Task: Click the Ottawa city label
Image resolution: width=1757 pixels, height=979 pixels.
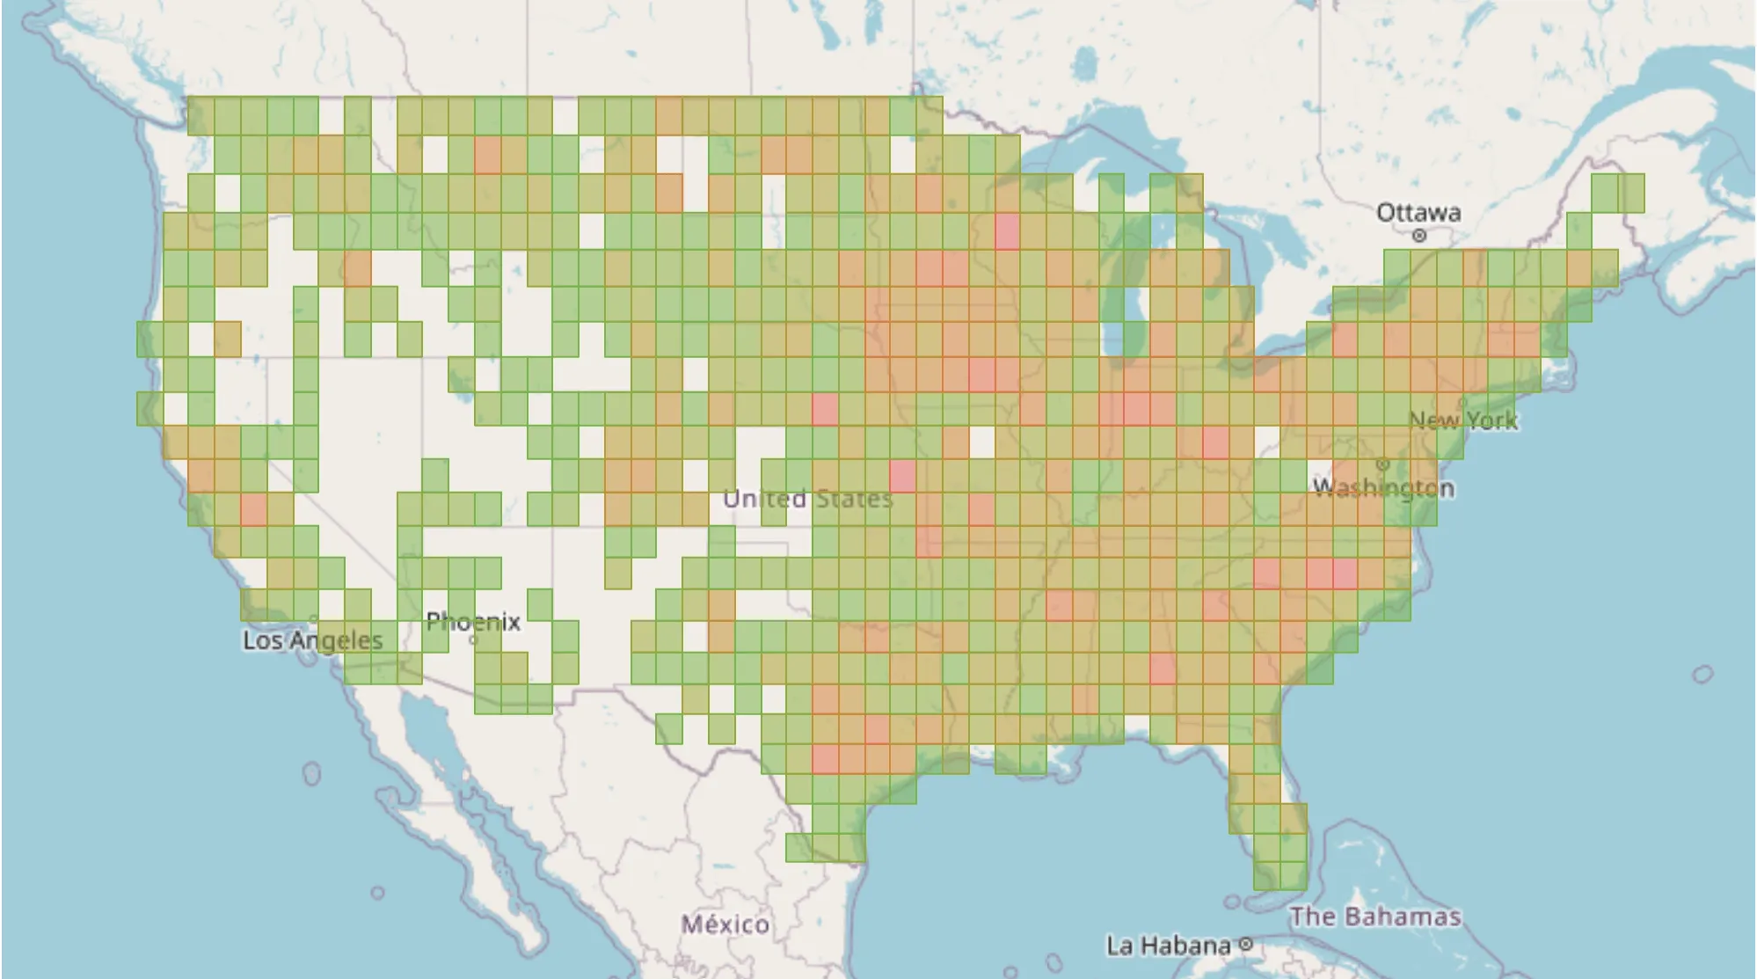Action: point(1418,212)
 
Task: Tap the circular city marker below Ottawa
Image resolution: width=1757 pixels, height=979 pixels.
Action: point(1418,236)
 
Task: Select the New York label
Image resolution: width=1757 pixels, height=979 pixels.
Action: point(1463,420)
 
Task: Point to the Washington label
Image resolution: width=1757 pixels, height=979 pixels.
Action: point(1383,487)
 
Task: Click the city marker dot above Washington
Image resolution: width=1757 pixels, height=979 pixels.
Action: point(1382,464)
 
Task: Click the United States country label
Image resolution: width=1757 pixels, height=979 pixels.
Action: point(807,499)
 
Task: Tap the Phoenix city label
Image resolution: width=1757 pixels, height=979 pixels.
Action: point(473,622)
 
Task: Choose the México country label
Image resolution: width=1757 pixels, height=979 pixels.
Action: point(725,924)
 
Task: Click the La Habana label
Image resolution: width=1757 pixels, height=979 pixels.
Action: point(1168,946)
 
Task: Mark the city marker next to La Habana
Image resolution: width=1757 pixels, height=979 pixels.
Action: point(1245,945)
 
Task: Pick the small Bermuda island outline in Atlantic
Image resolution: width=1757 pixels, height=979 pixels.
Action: point(1702,675)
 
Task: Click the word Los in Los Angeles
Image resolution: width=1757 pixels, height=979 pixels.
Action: point(262,640)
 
